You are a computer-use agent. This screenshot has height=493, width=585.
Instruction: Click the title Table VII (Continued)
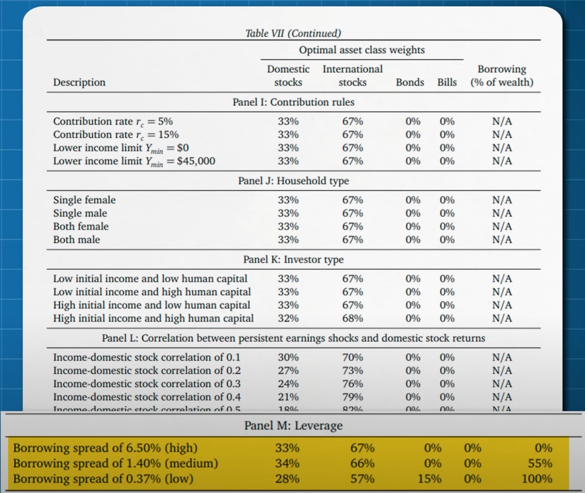pyautogui.click(x=293, y=33)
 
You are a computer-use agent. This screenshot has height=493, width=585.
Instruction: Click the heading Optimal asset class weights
pyautogui.click(x=362, y=50)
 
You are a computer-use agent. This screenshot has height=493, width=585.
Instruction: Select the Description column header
pyautogui.click(x=79, y=82)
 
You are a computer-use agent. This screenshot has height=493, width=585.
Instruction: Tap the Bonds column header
pyautogui.click(x=410, y=82)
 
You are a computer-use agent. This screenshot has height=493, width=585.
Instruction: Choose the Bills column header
pyautogui.click(x=447, y=82)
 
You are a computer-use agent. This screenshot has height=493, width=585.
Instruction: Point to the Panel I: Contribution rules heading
pyautogui.click(x=293, y=102)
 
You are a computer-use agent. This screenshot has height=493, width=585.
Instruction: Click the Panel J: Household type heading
pyautogui.click(x=293, y=181)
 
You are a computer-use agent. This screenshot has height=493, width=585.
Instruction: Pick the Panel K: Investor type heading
pyautogui.click(x=293, y=259)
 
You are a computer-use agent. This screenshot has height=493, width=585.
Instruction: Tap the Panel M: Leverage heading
pyautogui.click(x=293, y=425)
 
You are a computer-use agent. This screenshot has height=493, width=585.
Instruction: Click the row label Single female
pyautogui.click(x=84, y=200)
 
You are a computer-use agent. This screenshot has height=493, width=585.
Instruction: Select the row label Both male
pyautogui.click(x=77, y=240)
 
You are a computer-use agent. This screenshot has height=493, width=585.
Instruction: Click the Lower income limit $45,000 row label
pyautogui.click(x=134, y=161)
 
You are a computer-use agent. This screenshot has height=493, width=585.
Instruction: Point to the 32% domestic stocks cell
pyautogui.click(x=288, y=318)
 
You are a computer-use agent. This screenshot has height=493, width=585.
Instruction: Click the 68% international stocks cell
pyautogui.click(x=353, y=318)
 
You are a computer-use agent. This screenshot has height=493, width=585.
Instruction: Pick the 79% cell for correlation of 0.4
pyautogui.click(x=353, y=397)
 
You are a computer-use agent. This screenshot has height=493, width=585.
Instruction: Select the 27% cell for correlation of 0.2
pyautogui.click(x=288, y=371)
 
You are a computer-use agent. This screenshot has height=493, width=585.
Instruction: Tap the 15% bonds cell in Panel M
pyautogui.click(x=430, y=479)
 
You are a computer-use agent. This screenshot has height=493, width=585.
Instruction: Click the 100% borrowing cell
pyautogui.click(x=537, y=479)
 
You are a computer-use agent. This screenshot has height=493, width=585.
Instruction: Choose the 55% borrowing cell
pyautogui.click(x=540, y=463)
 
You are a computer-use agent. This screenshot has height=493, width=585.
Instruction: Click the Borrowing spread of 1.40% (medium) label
pyautogui.click(x=116, y=463)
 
